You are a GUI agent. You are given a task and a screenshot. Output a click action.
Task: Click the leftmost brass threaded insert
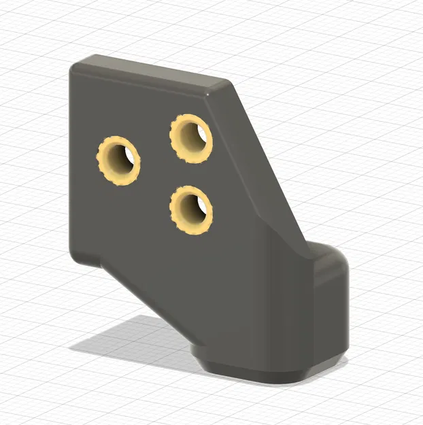[x=118, y=161]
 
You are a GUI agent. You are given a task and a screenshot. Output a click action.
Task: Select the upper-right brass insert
[x=191, y=138]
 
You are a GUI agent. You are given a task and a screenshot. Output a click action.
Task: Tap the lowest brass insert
[x=191, y=209]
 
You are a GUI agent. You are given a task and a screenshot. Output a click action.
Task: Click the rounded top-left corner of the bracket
[x=76, y=66]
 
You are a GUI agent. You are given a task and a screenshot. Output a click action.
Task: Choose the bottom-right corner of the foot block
[x=343, y=354]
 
